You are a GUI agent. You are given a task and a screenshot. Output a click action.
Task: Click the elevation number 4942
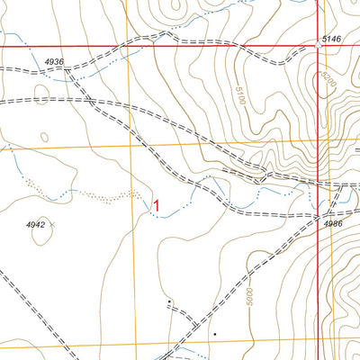point(31,222)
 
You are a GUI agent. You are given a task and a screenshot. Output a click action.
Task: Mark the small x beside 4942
point(52,222)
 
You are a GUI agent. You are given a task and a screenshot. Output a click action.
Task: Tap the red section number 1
point(157,206)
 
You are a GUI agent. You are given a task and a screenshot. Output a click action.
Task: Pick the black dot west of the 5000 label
point(215,334)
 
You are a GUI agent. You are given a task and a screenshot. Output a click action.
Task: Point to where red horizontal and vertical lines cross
point(318,46)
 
